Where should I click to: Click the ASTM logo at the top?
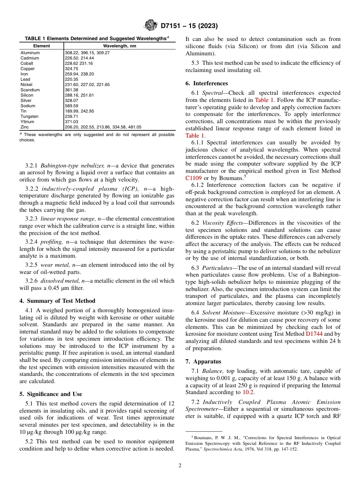pos(151,26)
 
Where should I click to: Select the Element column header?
pos(42,46)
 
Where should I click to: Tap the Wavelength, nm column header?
pos(119,46)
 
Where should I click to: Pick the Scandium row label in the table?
pos(30,90)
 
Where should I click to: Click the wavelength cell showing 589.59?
pos(72,106)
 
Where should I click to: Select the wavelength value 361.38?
pos(72,90)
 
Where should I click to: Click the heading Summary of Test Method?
pos(61,301)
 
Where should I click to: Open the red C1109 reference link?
pos(193,178)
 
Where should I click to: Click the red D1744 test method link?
pos(314,334)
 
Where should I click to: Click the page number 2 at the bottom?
pos(180,466)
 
